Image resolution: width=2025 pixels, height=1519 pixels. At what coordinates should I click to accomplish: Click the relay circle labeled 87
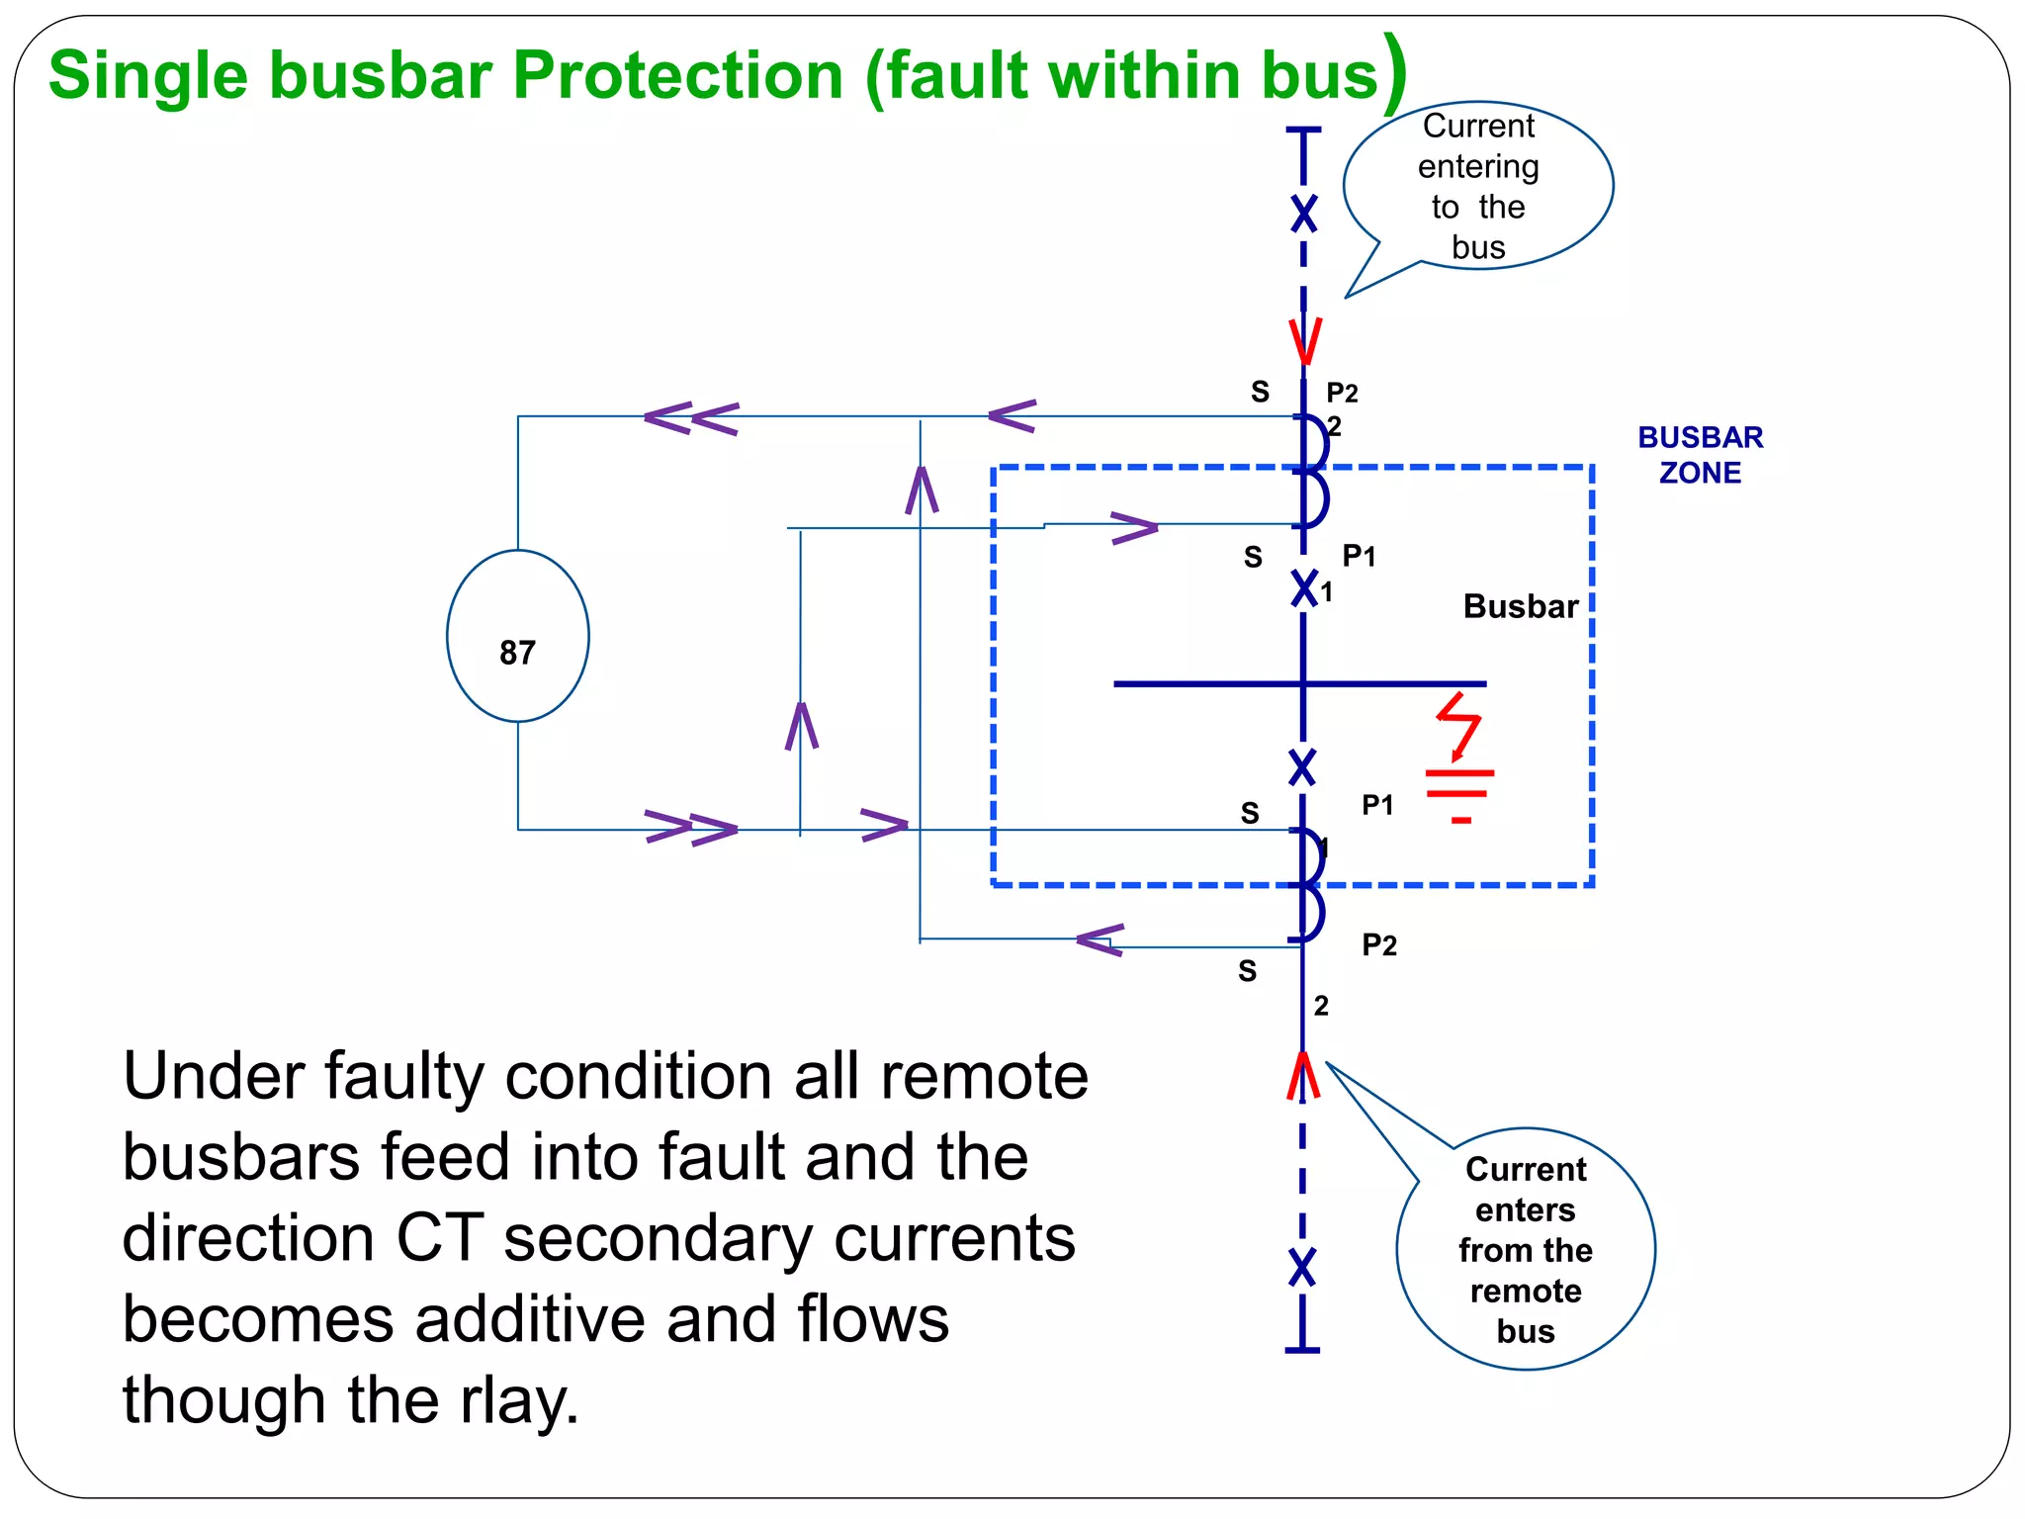tap(517, 636)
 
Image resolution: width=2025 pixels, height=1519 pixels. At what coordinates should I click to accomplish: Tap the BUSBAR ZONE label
tap(1700, 455)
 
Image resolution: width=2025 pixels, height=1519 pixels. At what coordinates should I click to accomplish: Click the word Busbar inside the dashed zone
tap(1520, 606)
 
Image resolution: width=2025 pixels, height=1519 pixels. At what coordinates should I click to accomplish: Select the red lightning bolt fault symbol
tap(1459, 725)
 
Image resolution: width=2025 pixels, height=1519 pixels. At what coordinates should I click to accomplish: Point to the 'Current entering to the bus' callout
tap(1478, 186)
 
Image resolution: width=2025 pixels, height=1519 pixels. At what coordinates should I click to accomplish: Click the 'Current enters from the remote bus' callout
tap(1525, 1249)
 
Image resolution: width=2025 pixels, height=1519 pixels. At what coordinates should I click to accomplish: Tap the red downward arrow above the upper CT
tap(1304, 341)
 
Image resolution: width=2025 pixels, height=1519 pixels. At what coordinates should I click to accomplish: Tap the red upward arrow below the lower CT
tap(1303, 1076)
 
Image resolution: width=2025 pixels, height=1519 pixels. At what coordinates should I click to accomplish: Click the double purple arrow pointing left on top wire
tap(691, 418)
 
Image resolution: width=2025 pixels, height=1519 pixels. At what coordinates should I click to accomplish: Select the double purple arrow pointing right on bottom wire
tap(691, 828)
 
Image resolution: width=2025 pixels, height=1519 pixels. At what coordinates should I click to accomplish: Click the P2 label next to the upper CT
tap(1342, 393)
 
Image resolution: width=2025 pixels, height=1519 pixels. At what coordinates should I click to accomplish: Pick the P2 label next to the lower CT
tap(1378, 944)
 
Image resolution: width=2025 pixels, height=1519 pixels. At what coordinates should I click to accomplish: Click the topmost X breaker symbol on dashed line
tap(1304, 214)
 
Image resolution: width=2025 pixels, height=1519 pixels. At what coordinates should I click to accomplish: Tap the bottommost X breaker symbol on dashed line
tap(1302, 1267)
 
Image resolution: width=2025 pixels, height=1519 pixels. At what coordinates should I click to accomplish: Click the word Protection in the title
tap(677, 75)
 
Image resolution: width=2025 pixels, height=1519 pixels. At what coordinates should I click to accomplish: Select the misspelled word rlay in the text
tap(518, 1400)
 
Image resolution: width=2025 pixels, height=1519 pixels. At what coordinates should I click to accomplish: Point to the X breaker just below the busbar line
tap(1302, 767)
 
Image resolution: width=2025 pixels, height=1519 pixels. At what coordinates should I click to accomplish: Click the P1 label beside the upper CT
tap(1359, 556)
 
